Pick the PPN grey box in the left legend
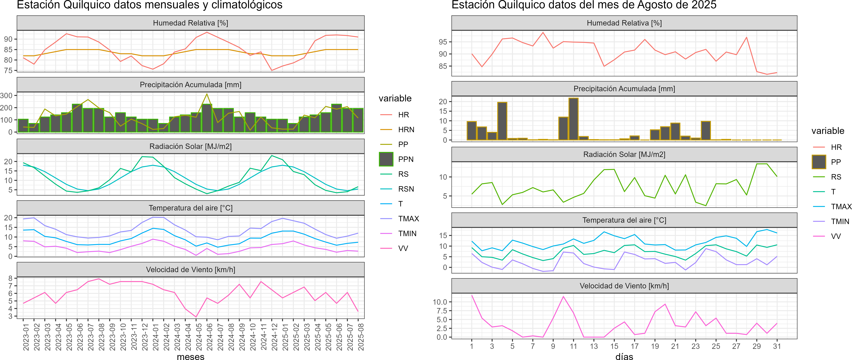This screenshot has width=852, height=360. point(386,159)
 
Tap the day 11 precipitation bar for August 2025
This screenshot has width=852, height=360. point(573,119)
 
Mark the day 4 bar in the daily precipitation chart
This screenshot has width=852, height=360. point(502,121)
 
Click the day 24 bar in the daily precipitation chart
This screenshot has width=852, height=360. point(706,131)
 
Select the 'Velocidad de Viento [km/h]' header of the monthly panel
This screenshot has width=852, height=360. point(190,270)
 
